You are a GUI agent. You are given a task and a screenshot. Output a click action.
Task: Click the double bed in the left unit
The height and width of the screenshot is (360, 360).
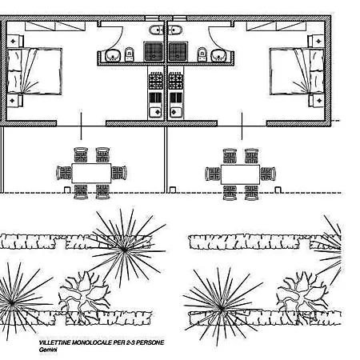point(34,71)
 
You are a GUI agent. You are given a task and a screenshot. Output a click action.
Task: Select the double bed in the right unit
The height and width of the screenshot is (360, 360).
point(297,71)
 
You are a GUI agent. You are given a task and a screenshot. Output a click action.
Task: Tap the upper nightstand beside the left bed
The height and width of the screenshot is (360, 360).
point(14,41)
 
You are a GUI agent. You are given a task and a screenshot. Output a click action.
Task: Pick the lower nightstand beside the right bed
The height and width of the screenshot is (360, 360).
point(317,101)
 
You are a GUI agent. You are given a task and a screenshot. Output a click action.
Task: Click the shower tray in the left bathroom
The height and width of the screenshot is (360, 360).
point(154,51)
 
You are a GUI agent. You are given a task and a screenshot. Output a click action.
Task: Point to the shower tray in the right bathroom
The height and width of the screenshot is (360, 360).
point(178,51)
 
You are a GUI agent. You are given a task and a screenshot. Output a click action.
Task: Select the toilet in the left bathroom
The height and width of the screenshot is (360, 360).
point(130,54)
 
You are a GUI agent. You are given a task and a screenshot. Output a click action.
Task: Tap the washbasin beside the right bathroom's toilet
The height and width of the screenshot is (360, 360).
point(219,56)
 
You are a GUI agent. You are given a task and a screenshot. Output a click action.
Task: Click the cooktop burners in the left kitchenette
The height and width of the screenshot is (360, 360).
point(156,81)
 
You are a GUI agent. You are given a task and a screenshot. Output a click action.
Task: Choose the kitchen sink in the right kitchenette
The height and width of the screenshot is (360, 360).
point(176,112)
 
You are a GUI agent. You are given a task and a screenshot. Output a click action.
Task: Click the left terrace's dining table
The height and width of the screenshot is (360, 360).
point(91,174)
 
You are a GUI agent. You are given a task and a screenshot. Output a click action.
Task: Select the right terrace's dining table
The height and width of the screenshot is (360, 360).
point(240,174)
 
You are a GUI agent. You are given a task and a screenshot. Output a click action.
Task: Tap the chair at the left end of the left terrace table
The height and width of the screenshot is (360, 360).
point(64,173)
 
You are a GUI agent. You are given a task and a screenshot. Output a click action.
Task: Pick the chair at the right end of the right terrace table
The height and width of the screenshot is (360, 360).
point(268,174)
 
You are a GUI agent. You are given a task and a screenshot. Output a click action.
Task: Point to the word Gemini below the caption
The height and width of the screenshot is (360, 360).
point(48,350)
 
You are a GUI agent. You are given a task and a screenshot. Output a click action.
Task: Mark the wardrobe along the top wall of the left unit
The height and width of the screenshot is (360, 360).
point(55,26)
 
